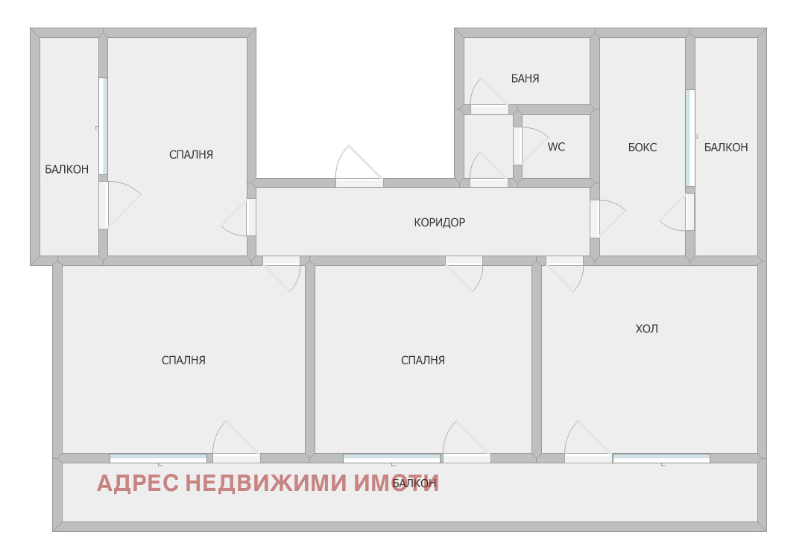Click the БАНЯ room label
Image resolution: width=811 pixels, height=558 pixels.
tap(525, 78)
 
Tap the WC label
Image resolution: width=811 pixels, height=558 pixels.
tap(556, 147)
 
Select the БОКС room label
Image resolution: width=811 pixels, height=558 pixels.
tap(642, 148)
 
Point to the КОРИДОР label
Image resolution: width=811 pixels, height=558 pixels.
tap(439, 222)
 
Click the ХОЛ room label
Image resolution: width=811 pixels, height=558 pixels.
tap(646, 329)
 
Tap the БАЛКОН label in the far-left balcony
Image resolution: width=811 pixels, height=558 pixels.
tap(66, 170)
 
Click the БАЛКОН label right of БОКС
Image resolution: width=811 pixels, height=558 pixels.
tap(725, 148)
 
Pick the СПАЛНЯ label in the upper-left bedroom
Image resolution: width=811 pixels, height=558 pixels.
tap(191, 155)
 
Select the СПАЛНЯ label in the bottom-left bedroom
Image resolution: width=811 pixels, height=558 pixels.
tap(183, 361)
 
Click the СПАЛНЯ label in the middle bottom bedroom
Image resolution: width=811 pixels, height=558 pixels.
tap(423, 361)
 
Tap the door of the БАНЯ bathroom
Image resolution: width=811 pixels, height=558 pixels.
tap(488, 109)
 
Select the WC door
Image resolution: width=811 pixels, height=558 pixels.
tap(517, 146)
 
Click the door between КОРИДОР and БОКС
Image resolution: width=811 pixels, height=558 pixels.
tap(595, 219)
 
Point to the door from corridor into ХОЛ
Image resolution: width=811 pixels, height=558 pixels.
tap(564, 261)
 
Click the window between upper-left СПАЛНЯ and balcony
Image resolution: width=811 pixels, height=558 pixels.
tap(103, 127)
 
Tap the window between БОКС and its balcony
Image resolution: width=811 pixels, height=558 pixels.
tap(689, 139)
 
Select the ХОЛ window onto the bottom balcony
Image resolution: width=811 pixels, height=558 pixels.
tap(661, 458)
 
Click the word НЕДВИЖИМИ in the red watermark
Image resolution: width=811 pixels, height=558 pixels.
tap(265, 484)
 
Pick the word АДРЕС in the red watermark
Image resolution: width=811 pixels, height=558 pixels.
tap(137, 484)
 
